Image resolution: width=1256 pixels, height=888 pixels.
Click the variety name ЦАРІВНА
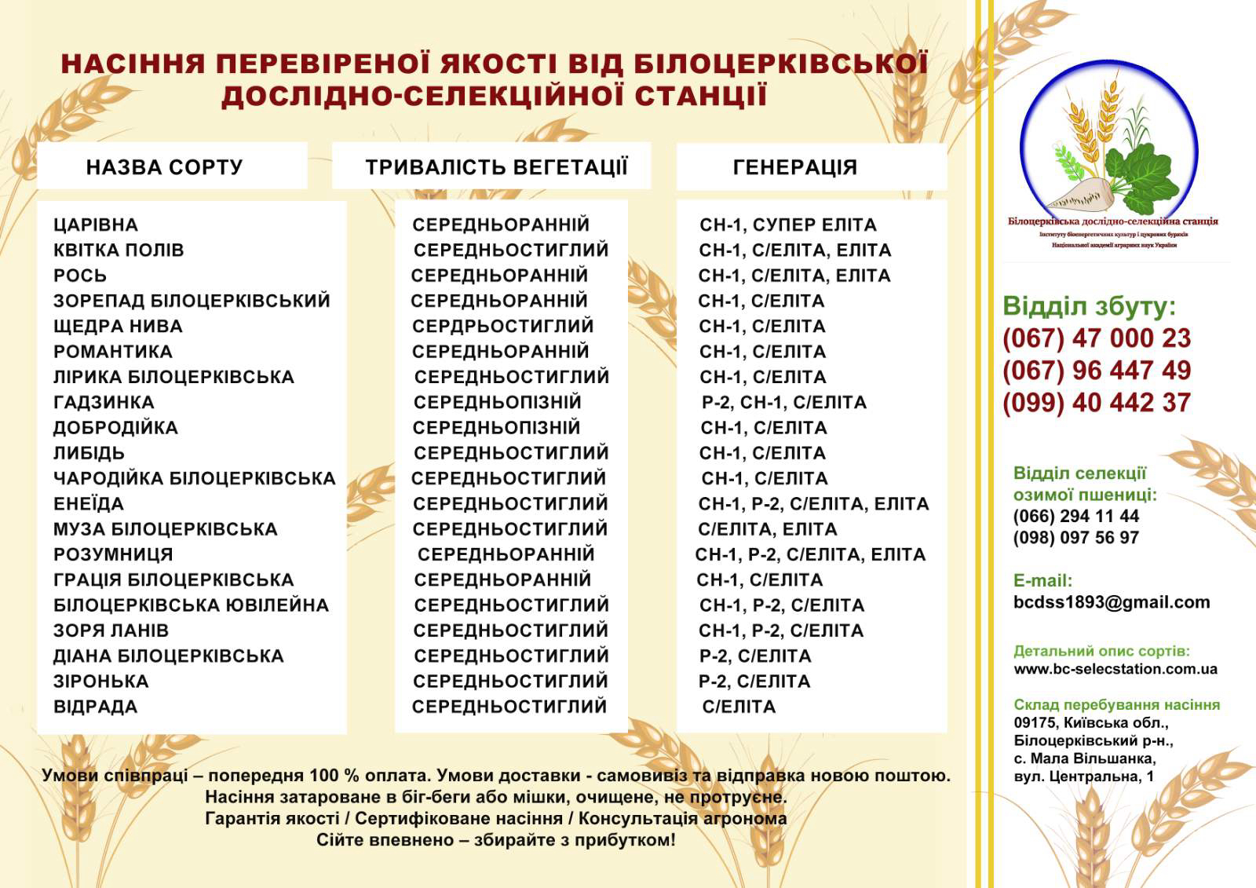[x=96, y=225]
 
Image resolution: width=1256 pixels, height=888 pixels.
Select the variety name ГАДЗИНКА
[x=104, y=403]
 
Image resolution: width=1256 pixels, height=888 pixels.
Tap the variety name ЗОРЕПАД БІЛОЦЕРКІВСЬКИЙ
[x=192, y=301]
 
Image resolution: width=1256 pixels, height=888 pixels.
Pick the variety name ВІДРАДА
[x=95, y=707]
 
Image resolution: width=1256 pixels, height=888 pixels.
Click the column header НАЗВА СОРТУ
[x=164, y=167]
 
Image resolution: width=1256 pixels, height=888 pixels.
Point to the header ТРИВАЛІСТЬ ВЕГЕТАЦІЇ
[x=496, y=167]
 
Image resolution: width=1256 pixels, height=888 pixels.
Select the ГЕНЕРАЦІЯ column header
[x=794, y=167]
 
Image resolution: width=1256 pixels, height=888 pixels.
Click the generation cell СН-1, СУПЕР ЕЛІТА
[x=788, y=225]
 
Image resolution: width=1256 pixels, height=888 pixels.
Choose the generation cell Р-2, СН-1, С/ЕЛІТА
[x=783, y=403]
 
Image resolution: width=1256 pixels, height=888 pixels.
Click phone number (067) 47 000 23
[x=1097, y=338]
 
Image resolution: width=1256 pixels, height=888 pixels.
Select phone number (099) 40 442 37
[x=1097, y=403]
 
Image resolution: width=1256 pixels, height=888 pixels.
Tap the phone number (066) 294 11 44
[x=1075, y=517]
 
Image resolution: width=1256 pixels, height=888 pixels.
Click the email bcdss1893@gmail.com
[x=1112, y=602]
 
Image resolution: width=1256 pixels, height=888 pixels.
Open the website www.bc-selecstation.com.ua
[x=1115, y=670]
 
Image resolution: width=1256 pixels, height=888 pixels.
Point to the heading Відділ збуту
[x=1090, y=306]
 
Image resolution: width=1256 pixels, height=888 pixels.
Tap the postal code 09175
[x=1035, y=723]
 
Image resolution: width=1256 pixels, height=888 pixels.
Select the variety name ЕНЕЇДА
[x=89, y=504]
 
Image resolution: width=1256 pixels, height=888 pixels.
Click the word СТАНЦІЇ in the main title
[x=700, y=96]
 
